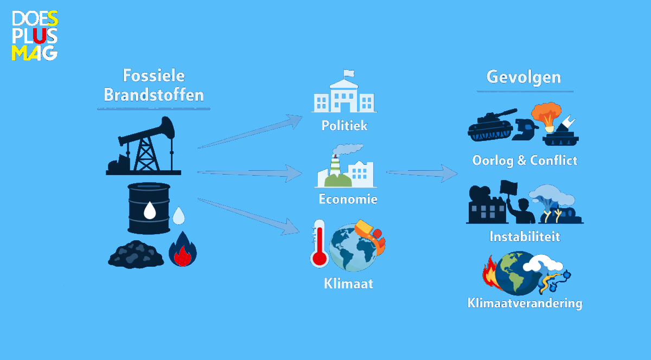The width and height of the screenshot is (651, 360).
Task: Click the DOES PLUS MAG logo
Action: coord(35,35)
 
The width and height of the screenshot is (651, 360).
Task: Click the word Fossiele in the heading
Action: coord(154,76)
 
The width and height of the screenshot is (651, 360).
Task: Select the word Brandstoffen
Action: coord(154,95)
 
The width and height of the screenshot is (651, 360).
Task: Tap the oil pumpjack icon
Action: coord(144,145)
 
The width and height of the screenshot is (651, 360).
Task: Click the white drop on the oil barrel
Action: coord(150,210)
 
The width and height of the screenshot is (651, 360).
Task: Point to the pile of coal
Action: coord(136,254)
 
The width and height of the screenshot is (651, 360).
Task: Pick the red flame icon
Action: coord(182,249)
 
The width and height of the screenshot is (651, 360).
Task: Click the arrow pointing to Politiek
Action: coord(250,132)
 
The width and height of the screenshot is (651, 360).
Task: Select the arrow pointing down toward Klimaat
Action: coord(248,217)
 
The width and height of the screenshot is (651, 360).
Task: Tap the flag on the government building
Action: coord(349,73)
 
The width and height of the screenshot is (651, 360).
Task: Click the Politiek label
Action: coord(344,126)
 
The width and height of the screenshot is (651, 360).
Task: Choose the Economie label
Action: coord(348,199)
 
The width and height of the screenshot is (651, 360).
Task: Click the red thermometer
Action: coord(319,243)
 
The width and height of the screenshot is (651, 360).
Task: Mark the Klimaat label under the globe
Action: coord(348,284)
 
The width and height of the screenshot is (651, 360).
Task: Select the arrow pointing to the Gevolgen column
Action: coord(422,173)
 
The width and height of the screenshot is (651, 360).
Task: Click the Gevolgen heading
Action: coord(524,78)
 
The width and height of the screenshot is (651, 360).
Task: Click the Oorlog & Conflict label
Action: coord(525,160)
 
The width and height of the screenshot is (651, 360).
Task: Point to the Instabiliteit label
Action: coord(525,236)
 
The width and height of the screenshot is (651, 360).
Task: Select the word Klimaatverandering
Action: coord(525,303)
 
